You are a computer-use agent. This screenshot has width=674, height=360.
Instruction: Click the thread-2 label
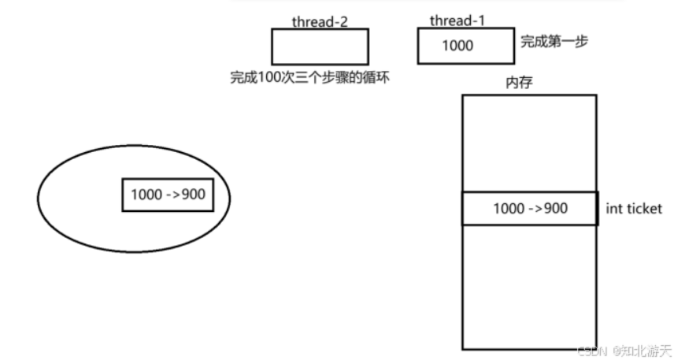(320, 21)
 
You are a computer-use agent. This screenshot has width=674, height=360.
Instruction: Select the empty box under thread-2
(320, 46)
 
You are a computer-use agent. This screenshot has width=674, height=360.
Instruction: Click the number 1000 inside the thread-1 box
(457, 46)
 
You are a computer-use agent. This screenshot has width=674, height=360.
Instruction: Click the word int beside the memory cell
(614, 210)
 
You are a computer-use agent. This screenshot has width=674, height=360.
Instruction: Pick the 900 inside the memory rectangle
(554, 209)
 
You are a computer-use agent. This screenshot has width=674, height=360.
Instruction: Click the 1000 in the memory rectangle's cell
(509, 209)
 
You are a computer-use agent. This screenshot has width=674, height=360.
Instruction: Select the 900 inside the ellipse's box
(193, 195)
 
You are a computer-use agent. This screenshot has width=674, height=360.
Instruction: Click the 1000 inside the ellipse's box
(147, 195)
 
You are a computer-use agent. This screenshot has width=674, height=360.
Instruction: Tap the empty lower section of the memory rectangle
(528, 287)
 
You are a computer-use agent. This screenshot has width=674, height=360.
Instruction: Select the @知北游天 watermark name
(642, 350)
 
